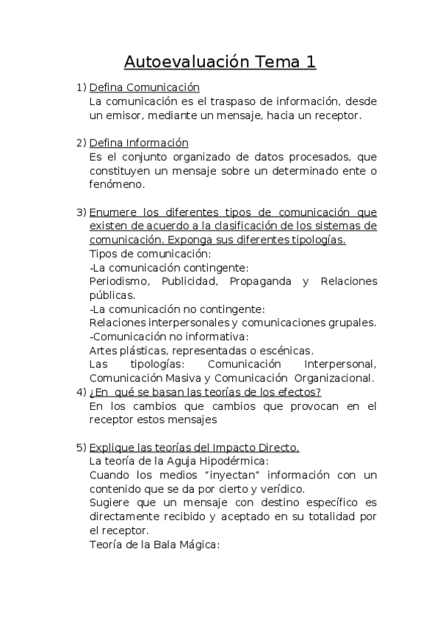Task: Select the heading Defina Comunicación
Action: pyautogui.click(x=144, y=87)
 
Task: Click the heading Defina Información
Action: pyautogui.click(x=139, y=143)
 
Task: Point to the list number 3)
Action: pyautogui.click(x=82, y=212)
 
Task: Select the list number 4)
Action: pyautogui.click(x=82, y=392)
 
